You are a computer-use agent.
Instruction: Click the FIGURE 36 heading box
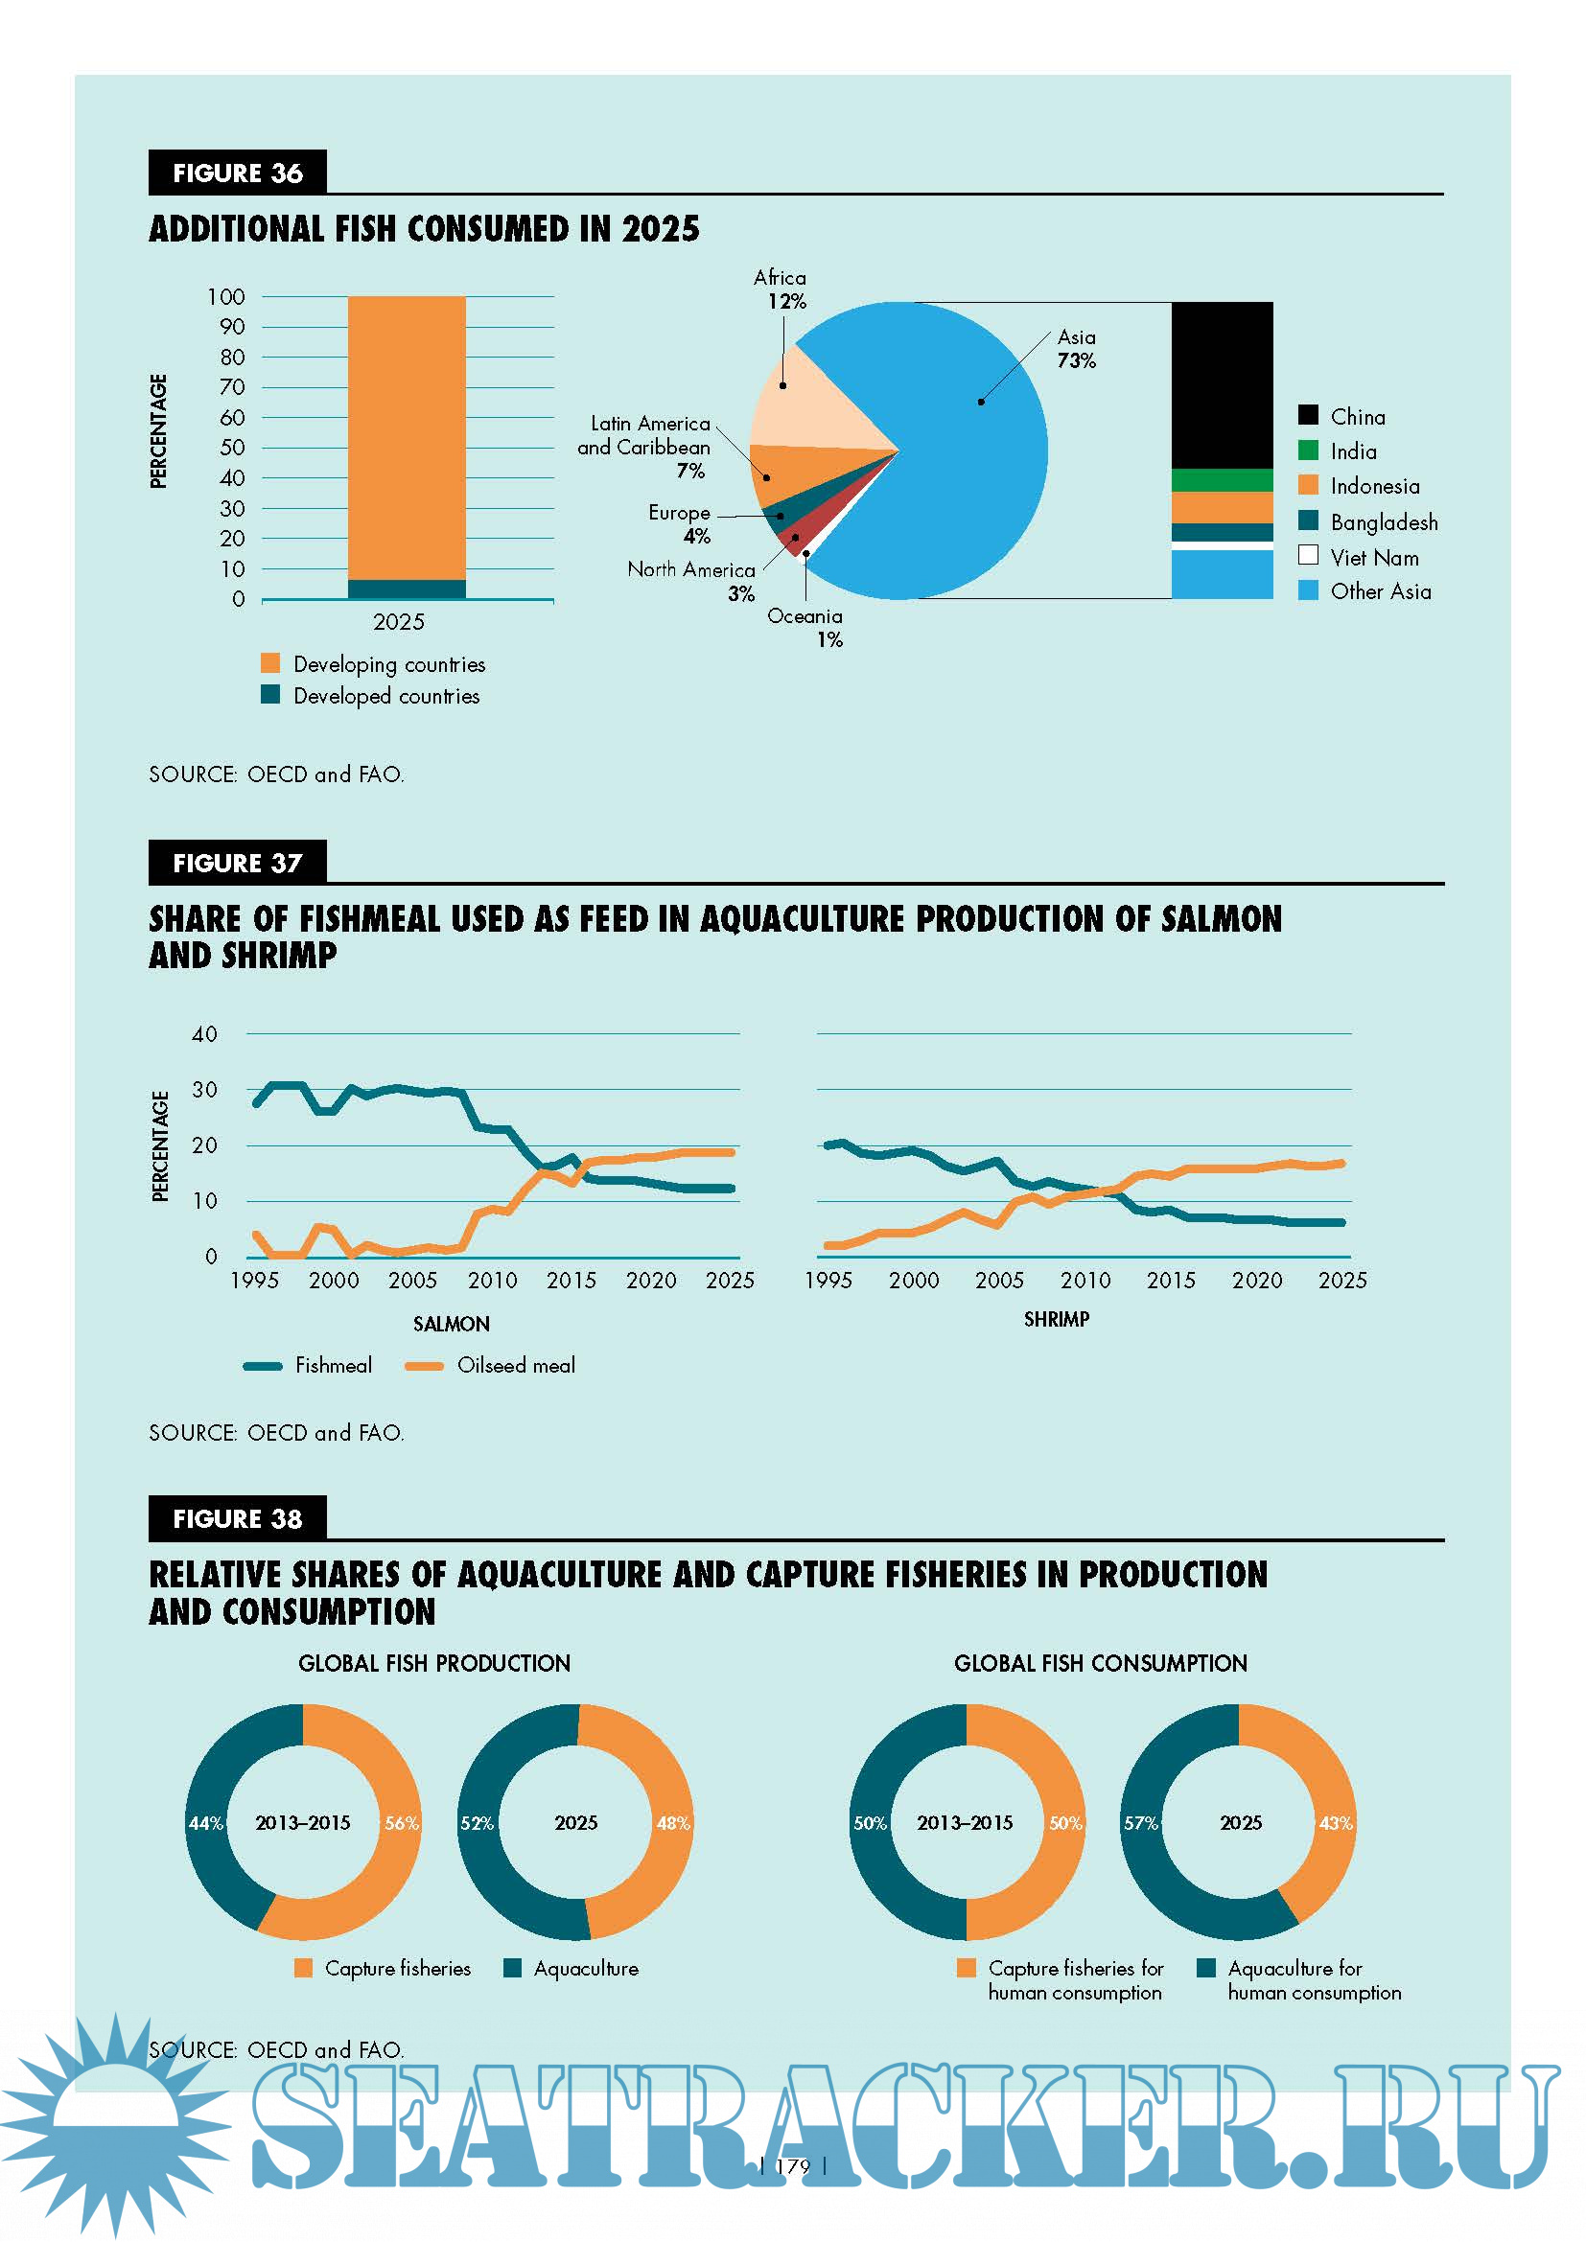237,173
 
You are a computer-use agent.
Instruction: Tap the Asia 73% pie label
1076,349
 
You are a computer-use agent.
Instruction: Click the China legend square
1308,415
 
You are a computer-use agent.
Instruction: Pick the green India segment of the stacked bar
1222,479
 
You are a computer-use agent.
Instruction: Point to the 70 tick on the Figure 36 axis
232,387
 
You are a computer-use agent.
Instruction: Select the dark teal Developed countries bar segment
407,589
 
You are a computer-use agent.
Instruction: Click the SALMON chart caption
452,1324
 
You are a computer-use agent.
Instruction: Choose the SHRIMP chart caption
1056,1319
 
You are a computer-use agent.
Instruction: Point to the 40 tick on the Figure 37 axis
204,1034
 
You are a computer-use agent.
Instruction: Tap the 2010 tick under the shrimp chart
1085,1281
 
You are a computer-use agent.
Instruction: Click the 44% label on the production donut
206,1823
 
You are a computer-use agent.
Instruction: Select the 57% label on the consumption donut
1141,1823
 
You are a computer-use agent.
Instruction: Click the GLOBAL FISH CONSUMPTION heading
1100,1663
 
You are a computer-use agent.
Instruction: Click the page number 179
792,2166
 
